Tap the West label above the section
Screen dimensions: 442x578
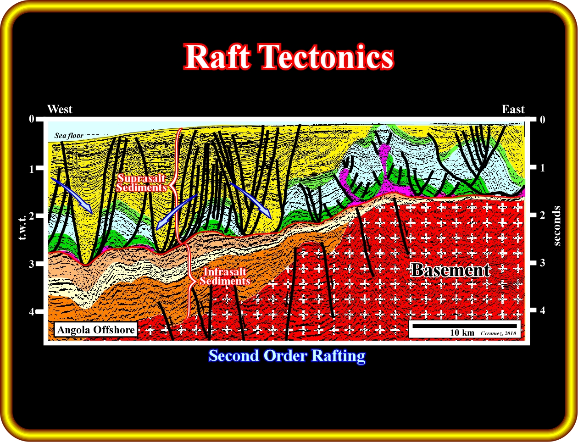[60, 109]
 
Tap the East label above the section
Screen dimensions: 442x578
[513, 109]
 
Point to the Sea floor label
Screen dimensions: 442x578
[69, 136]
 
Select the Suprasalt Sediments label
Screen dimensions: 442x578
[141, 183]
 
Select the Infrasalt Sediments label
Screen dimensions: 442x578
[225, 276]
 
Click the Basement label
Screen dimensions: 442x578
[450, 270]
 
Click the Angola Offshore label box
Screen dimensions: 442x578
[96, 330]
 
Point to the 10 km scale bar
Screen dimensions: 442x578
[464, 326]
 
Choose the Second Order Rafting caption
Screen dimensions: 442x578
[287, 356]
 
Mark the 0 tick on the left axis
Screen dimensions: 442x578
[32, 119]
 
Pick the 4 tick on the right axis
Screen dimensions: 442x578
[543, 311]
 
